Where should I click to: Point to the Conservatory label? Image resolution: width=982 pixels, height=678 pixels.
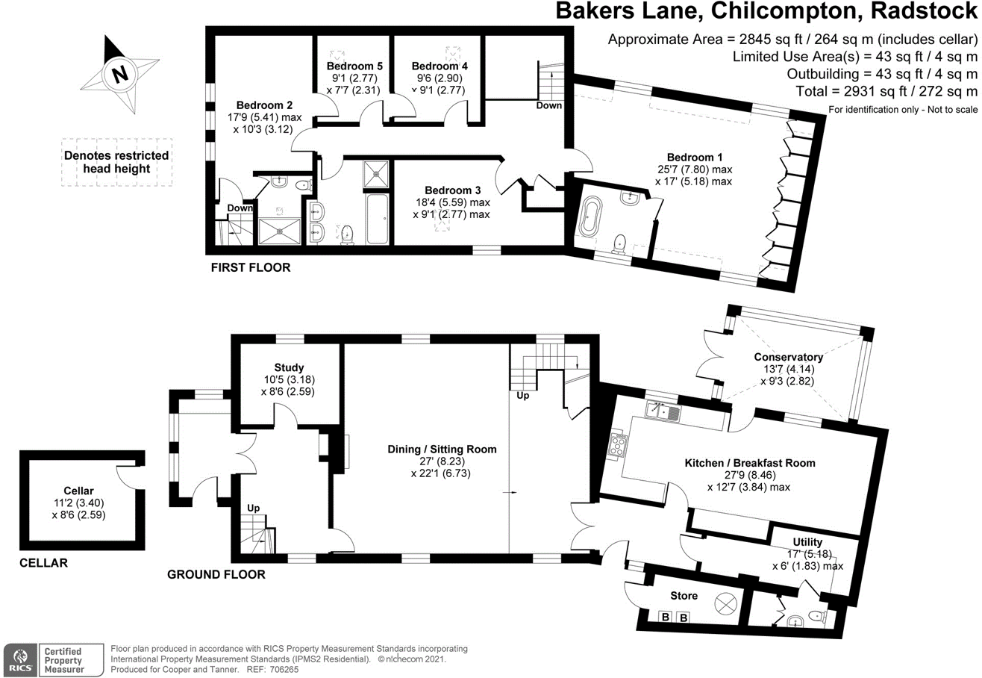(788, 357)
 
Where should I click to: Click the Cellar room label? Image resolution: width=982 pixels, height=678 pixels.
(78, 490)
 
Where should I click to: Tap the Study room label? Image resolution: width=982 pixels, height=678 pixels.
(288, 367)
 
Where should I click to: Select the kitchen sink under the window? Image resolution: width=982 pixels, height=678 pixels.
(663, 411)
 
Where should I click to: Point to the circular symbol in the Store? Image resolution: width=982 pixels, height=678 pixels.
(725, 603)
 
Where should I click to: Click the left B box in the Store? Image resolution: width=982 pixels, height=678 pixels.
(665, 618)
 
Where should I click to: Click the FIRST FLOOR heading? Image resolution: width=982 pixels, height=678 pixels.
(250, 267)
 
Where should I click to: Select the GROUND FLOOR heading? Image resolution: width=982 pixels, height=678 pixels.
(216, 574)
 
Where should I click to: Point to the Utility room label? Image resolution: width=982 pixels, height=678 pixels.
(807, 542)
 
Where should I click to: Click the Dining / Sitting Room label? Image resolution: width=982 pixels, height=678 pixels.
(442, 449)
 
